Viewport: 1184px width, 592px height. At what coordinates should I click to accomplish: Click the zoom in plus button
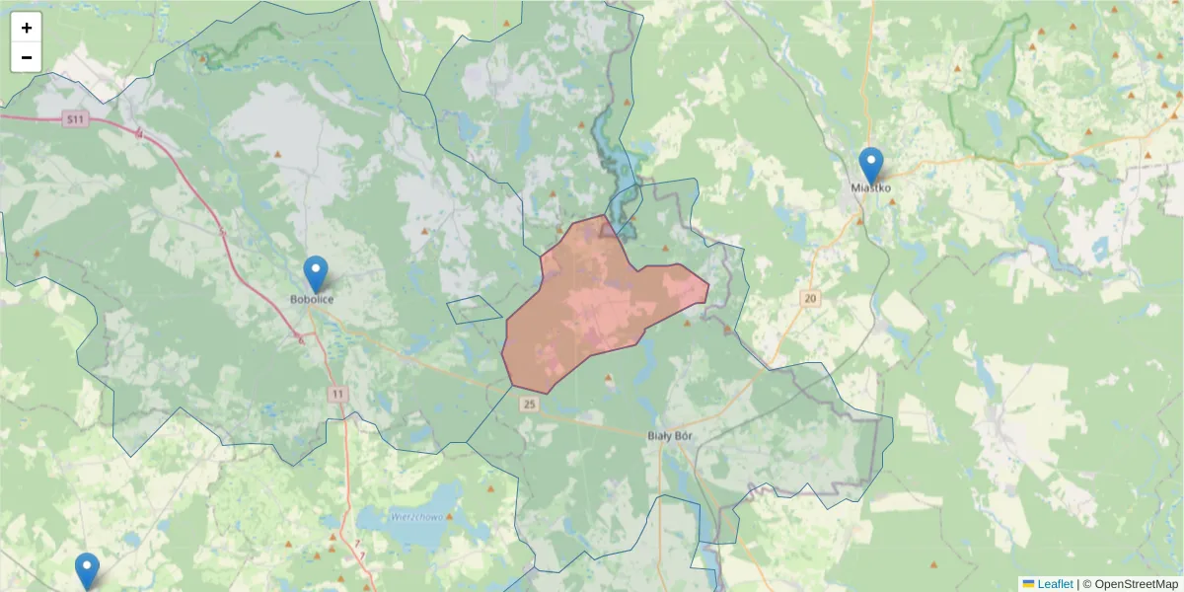(x=27, y=28)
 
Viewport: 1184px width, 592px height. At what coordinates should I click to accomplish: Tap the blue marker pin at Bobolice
(x=316, y=273)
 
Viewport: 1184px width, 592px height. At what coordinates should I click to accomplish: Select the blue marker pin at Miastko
(x=870, y=165)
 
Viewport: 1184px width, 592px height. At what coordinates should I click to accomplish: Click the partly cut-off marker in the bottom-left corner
(x=87, y=570)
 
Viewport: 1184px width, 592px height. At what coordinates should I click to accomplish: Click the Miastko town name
(x=871, y=187)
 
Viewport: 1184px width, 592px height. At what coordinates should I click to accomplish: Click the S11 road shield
(x=75, y=119)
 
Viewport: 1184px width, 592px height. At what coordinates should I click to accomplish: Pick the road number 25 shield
(x=530, y=404)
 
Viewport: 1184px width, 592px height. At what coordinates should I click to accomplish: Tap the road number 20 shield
(x=811, y=298)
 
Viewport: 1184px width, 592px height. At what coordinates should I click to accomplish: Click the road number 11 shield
(x=339, y=394)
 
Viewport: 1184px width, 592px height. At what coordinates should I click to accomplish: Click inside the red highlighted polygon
(x=592, y=306)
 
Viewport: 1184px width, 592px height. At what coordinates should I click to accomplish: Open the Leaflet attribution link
(x=1054, y=584)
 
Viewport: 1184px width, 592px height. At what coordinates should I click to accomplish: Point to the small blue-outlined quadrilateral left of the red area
(x=475, y=309)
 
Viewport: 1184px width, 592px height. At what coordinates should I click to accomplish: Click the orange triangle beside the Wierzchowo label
(x=490, y=489)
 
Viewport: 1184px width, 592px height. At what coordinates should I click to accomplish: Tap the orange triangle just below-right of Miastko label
(x=892, y=201)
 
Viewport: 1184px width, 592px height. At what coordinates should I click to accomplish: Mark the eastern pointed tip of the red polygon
(x=708, y=287)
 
